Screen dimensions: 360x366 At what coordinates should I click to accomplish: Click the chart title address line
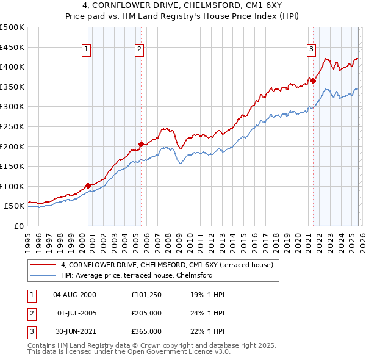point(183,6)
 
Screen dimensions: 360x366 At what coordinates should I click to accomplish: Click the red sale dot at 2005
point(141,144)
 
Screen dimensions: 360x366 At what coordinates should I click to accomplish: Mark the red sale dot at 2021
point(313,80)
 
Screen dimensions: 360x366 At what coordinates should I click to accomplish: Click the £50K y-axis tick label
point(15,206)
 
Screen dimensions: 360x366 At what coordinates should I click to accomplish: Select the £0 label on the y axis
point(20,226)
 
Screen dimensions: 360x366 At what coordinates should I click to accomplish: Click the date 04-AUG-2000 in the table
point(74,295)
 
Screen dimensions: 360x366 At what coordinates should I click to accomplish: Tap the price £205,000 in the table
point(146,313)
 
